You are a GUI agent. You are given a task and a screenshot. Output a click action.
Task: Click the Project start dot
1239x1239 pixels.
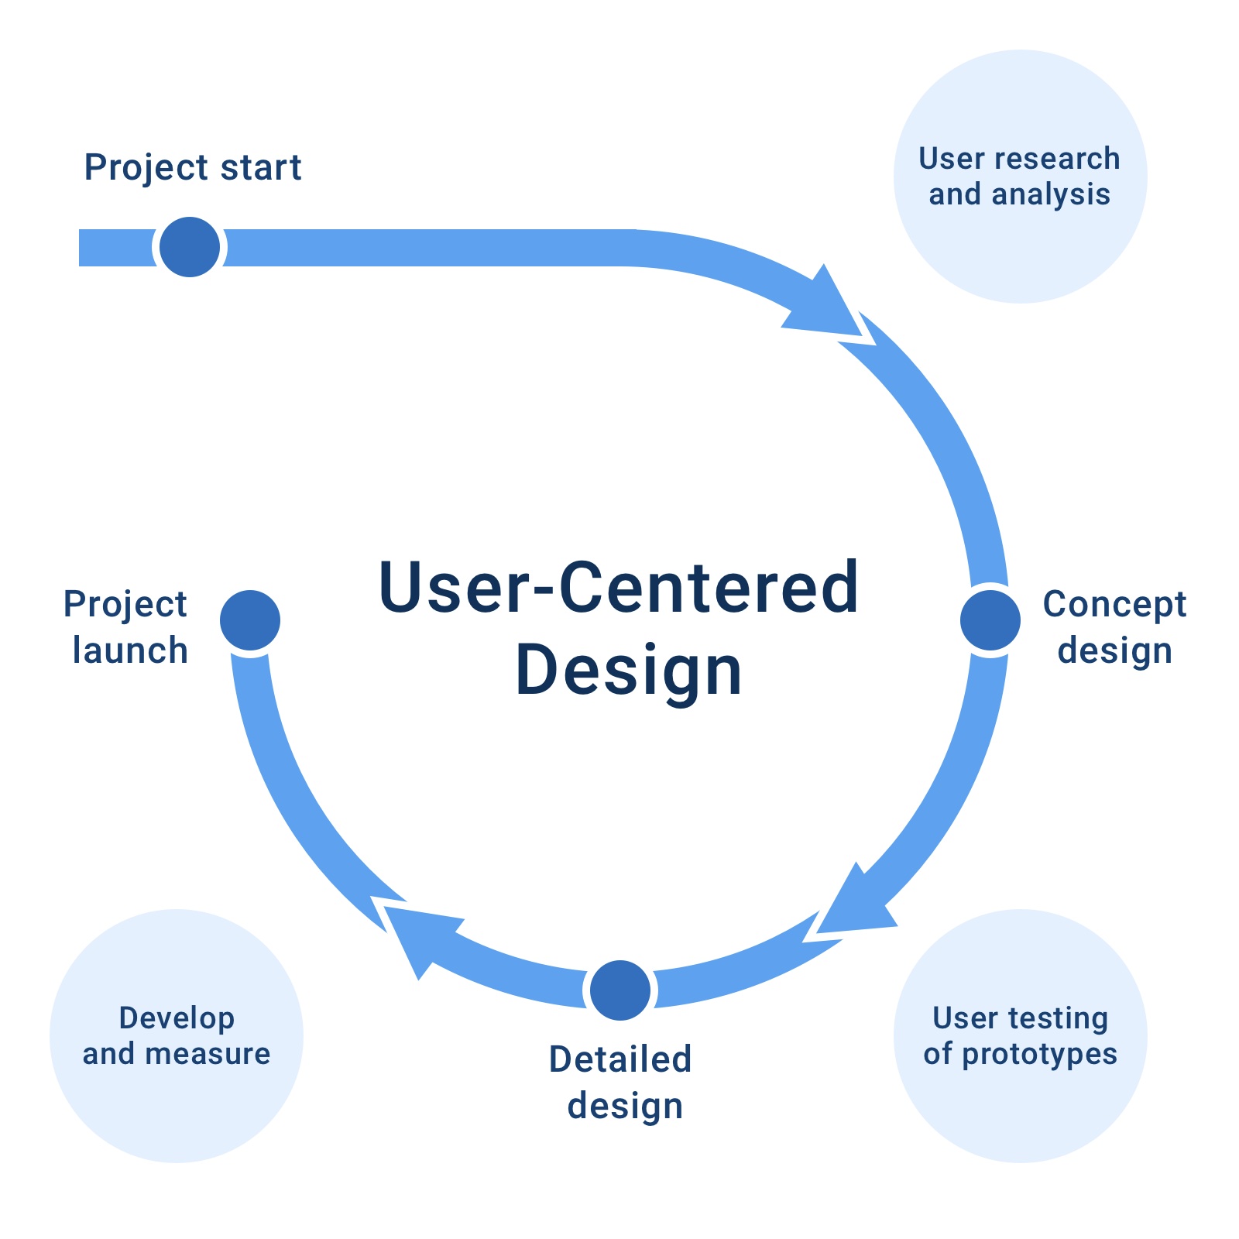tap(190, 247)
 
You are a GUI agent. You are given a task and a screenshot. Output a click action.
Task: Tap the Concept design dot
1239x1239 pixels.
tap(990, 620)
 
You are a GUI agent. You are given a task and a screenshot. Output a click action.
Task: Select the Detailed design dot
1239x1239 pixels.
tap(619, 990)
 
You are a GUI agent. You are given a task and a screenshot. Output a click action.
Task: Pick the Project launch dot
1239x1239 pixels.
tap(250, 620)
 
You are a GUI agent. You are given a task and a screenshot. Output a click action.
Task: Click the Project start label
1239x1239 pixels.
tap(193, 168)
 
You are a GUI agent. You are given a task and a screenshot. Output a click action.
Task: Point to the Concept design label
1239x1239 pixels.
tap(1114, 628)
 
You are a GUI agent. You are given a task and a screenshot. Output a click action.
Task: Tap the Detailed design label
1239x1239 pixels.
tap(620, 1083)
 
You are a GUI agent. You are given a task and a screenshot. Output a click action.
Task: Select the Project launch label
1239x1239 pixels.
tap(125, 628)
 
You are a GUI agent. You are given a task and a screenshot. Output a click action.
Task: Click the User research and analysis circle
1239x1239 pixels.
tap(1020, 177)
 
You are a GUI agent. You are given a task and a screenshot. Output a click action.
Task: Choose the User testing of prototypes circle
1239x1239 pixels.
tap(1020, 1035)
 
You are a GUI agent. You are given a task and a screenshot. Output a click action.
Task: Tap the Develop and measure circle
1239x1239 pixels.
tap(177, 1035)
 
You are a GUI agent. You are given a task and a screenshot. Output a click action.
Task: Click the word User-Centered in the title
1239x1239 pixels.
tap(619, 588)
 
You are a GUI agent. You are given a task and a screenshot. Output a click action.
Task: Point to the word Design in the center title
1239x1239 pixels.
tap(629, 671)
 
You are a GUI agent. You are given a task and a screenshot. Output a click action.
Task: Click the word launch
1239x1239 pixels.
tap(130, 650)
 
